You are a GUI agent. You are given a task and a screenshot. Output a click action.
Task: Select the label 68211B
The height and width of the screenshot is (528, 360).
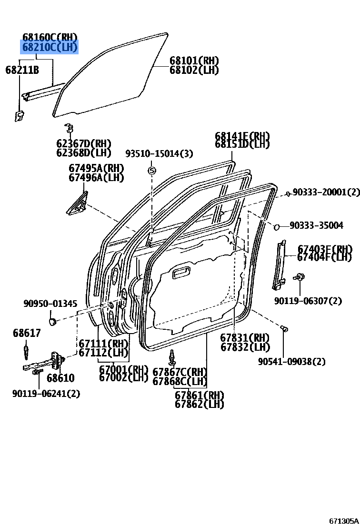click(x=22, y=70)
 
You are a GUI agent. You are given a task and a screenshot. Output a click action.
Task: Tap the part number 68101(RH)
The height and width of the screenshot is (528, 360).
click(x=194, y=61)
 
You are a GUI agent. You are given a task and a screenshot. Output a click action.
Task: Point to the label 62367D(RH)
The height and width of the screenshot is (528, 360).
click(x=83, y=143)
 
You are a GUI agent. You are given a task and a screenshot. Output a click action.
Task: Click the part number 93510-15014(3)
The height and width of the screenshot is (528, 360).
click(x=159, y=153)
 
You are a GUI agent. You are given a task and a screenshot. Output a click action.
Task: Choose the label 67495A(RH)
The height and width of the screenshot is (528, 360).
click(x=96, y=168)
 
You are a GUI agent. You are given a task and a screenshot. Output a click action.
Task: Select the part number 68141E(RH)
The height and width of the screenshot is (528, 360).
click(x=242, y=136)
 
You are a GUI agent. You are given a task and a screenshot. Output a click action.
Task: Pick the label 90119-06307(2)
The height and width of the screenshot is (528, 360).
click(x=308, y=301)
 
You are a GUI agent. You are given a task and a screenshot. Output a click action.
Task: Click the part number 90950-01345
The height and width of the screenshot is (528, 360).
click(x=50, y=304)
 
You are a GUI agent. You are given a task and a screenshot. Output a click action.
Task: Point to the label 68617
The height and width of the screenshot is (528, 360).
click(x=27, y=333)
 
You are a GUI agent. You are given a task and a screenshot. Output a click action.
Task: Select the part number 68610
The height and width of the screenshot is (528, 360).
click(x=60, y=378)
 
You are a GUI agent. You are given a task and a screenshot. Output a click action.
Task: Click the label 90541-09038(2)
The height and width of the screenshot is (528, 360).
click(x=291, y=362)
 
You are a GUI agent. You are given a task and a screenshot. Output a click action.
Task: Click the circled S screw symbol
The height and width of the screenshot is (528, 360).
click(x=151, y=170)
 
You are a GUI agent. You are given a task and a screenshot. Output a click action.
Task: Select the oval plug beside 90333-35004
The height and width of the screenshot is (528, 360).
click(x=276, y=226)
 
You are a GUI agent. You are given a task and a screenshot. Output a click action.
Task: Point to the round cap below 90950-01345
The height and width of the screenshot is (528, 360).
click(x=53, y=321)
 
